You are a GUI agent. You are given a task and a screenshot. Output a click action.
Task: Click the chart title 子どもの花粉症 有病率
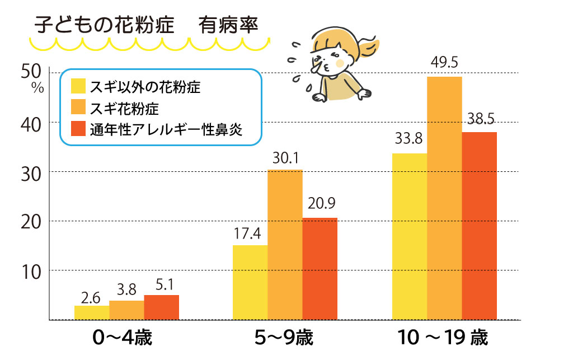coord(147,26)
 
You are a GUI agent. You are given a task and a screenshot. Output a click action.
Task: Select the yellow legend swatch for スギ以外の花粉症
coord(78,87)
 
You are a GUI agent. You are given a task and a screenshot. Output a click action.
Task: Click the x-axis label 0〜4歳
coord(123,339)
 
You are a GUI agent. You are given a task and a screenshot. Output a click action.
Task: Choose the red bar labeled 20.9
coord(320,269)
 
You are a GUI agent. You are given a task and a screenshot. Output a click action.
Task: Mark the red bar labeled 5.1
coord(161,307)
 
